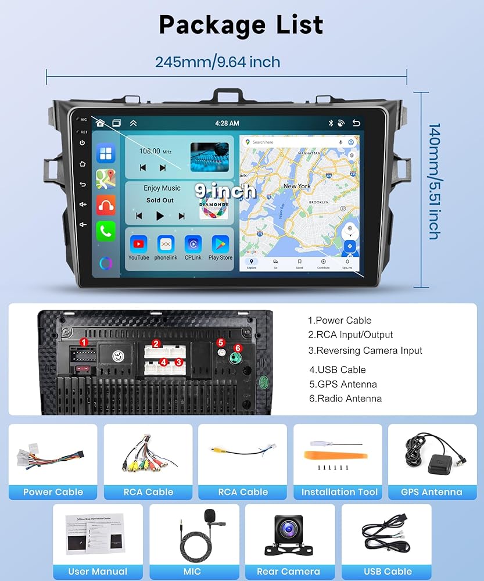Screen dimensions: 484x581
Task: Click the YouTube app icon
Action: point(138,244)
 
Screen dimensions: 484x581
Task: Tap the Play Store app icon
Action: point(220,244)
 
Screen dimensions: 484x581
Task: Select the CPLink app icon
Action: point(193,244)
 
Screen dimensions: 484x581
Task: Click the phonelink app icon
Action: point(166,244)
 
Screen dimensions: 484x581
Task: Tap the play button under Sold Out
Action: point(160,216)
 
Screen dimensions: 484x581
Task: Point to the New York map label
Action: point(297,186)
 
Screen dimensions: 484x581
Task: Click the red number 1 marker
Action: point(84,342)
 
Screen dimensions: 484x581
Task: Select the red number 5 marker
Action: point(221,343)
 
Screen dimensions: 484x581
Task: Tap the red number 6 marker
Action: point(237,347)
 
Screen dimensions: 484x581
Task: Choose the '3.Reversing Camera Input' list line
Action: point(365,350)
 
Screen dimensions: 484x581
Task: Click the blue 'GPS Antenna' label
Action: point(431,492)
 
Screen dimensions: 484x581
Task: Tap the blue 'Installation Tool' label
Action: point(339,492)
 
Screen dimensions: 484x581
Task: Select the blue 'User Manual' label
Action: point(98,571)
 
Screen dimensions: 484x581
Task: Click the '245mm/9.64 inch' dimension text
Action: point(217,62)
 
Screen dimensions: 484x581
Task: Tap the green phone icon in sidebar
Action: point(106,231)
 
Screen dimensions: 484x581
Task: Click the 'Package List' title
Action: point(241,25)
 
